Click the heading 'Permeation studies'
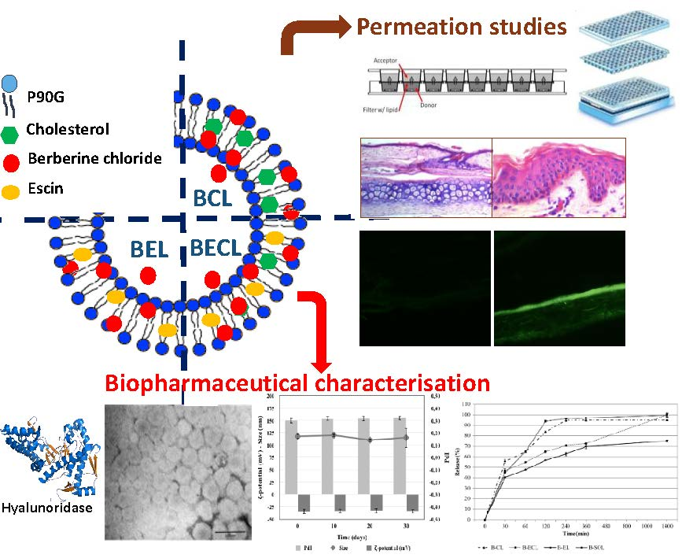462,27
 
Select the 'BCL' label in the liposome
213,198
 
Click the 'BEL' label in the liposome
149,250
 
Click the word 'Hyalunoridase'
46,508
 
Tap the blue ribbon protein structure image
47,452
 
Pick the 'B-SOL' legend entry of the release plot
644,545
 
